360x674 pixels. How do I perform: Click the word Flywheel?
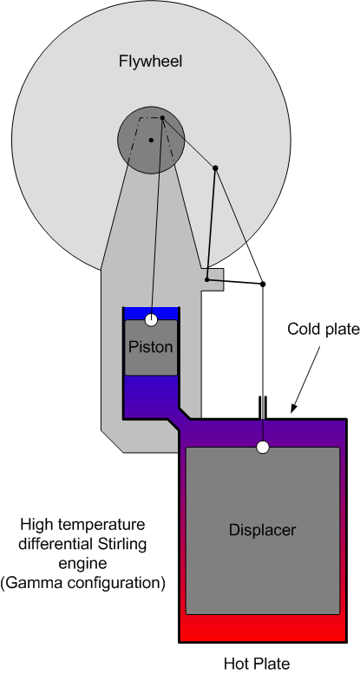click(151, 62)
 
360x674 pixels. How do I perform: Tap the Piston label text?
click(151, 347)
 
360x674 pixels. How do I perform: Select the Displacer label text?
click(262, 529)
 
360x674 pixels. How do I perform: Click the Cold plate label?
click(323, 330)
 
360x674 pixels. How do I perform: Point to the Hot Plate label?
click(257, 664)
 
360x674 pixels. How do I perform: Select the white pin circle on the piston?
click(151, 320)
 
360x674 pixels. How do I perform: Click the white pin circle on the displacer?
click(263, 448)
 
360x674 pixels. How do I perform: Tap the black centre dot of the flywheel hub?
click(151, 140)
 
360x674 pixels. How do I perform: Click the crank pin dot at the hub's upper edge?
click(162, 118)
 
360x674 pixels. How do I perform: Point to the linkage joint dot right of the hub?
click(215, 167)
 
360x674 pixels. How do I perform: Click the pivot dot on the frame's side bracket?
click(206, 280)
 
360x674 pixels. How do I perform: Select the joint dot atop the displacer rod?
click(263, 285)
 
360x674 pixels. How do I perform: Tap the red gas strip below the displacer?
click(263, 627)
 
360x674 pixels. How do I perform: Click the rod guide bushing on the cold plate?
click(263, 407)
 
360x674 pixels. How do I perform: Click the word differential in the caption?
click(51, 544)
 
